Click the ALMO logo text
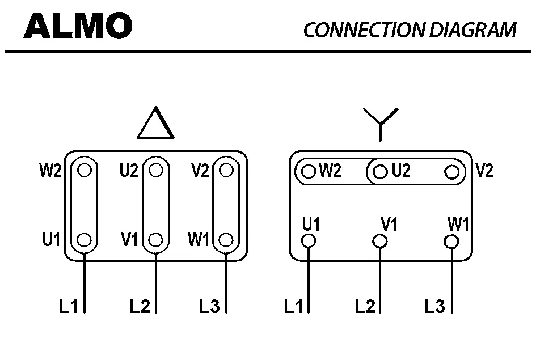click(x=78, y=26)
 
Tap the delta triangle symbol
click(x=155, y=125)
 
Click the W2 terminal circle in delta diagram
click(x=85, y=170)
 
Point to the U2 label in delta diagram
click(x=129, y=170)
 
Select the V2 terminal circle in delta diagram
click(x=226, y=170)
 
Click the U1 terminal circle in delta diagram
click(x=85, y=239)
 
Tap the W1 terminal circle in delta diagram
click(x=226, y=239)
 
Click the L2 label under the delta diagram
click(x=140, y=307)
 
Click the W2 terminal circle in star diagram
click(x=309, y=171)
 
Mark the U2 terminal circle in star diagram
click(x=381, y=171)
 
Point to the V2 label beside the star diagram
click(x=484, y=171)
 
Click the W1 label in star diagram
click(x=458, y=225)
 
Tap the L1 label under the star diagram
click(x=294, y=307)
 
